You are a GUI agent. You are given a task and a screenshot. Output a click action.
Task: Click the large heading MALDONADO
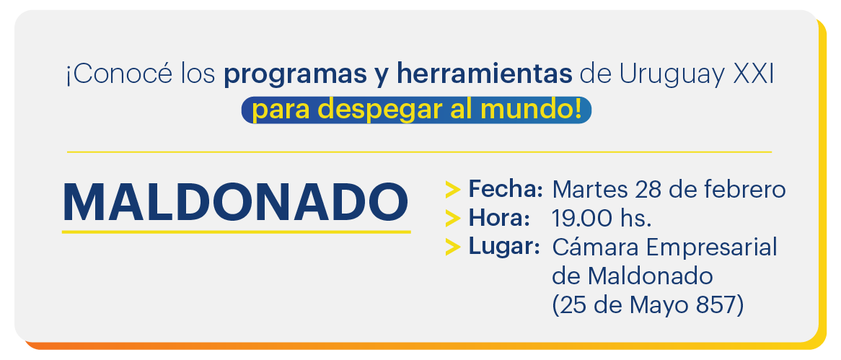click(x=235, y=203)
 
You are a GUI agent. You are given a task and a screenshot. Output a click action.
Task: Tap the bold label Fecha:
click(x=505, y=189)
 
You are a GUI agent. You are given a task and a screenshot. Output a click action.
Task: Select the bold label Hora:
click(x=499, y=218)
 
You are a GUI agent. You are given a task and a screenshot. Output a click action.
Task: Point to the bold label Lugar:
click(x=503, y=247)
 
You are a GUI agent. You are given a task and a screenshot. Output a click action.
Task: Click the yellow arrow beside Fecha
click(x=453, y=190)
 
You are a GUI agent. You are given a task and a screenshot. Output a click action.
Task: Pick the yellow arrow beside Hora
click(x=453, y=219)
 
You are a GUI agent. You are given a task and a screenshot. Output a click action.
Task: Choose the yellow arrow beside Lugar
click(x=453, y=247)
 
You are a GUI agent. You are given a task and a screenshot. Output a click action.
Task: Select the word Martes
click(x=590, y=190)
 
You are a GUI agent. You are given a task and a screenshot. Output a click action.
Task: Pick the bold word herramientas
click(x=485, y=74)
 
